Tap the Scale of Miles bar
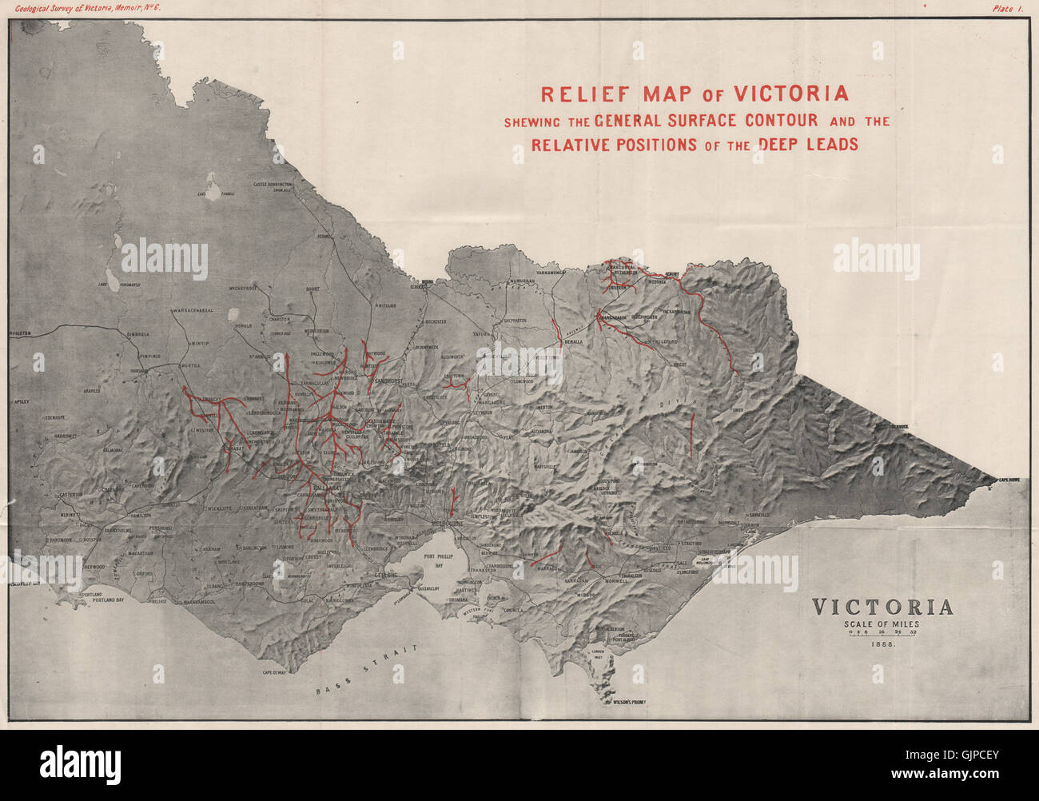click(x=882, y=633)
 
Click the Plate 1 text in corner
click(x=1010, y=8)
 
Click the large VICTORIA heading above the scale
click(x=882, y=607)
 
